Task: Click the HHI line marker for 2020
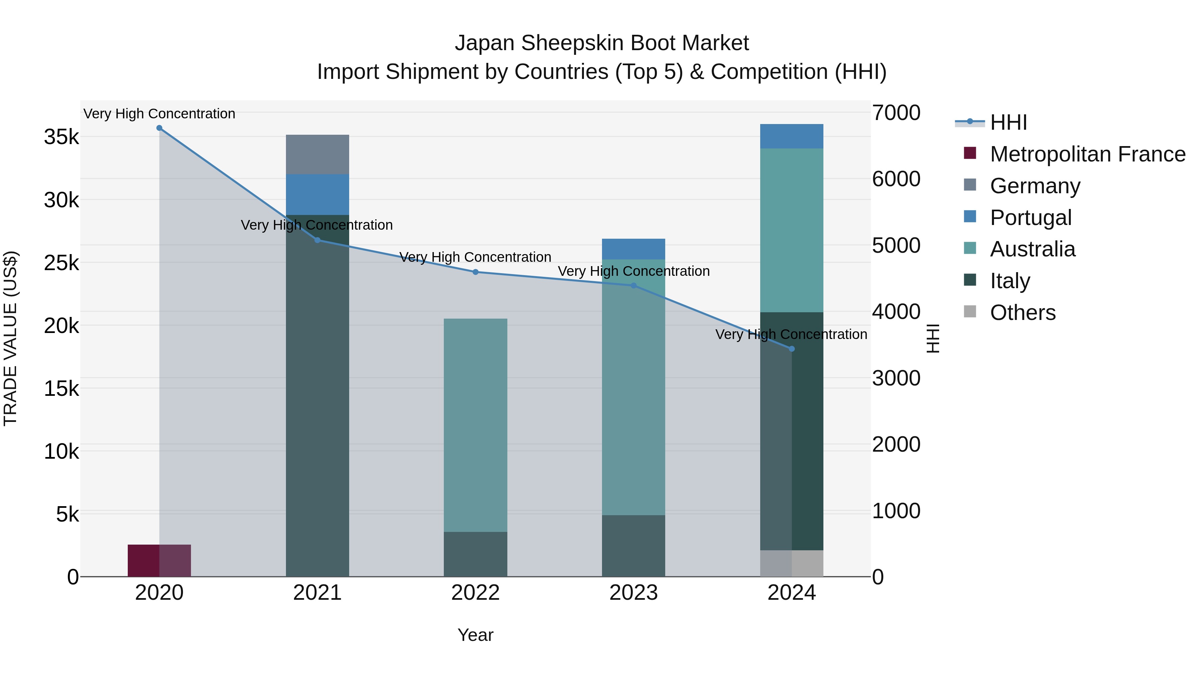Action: point(160,128)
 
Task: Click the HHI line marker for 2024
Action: point(791,349)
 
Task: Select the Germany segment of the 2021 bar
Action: point(317,154)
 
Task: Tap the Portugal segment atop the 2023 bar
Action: point(633,249)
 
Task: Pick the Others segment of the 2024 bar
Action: point(791,563)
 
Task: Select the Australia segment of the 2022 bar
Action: point(475,425)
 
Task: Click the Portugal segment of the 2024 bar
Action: point(791,136)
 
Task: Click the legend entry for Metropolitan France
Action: point(1087,154)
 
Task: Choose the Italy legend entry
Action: point(1010,281)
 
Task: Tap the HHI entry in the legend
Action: point(1008,122)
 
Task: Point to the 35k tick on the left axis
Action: point(61,137)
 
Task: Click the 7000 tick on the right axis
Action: point(896,113)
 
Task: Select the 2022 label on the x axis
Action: point(475,593)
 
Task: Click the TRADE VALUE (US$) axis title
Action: point(10,338)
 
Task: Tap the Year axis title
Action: point(475,635)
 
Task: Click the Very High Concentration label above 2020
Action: point(160,114)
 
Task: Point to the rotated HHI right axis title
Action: point(932,338)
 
